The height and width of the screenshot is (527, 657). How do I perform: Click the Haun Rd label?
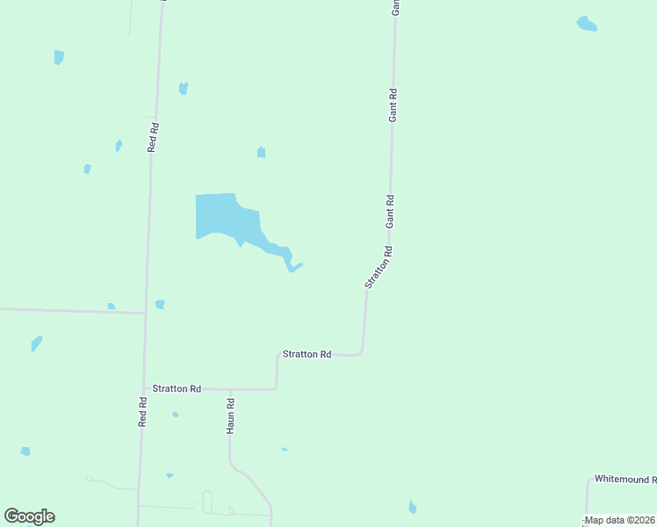[x=230, y=416]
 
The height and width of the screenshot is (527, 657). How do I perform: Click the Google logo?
[x=29, y=516]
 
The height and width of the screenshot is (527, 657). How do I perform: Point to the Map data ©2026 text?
[x=620, y=520]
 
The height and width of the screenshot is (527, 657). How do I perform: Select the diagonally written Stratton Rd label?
[x=379, y=267]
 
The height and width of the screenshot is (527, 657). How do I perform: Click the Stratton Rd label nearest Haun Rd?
[x=177, y=388]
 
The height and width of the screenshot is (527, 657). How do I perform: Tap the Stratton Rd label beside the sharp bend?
[x=307, y=354]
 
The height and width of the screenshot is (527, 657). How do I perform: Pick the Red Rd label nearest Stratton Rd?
[x=143, y=410]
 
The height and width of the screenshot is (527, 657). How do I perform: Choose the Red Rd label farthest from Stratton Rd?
[x=153, y=138]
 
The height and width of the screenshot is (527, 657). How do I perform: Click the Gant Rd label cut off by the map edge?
[x=396, y=7]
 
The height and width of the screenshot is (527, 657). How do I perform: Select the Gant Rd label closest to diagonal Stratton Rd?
[x=389, y=212]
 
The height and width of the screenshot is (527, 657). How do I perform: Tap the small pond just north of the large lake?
[x=261, y=153]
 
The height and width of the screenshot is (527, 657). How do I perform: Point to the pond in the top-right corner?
[x=587, y=24]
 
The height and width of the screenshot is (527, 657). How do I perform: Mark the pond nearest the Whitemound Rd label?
[x=412, y=507]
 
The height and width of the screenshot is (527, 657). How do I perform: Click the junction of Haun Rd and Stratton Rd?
[x=230, y=389]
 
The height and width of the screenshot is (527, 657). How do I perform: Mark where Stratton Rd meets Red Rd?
[x=145, y=388]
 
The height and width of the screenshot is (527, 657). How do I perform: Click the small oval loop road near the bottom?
[x=207, y=502]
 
